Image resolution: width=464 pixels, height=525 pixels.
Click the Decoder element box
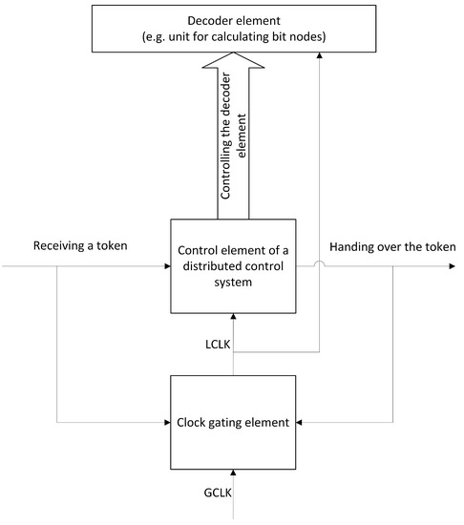[x=231, y=27]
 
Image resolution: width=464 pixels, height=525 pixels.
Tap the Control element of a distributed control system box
[x=234, y=265]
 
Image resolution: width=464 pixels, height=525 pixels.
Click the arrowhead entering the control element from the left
[x=166, y=266]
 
